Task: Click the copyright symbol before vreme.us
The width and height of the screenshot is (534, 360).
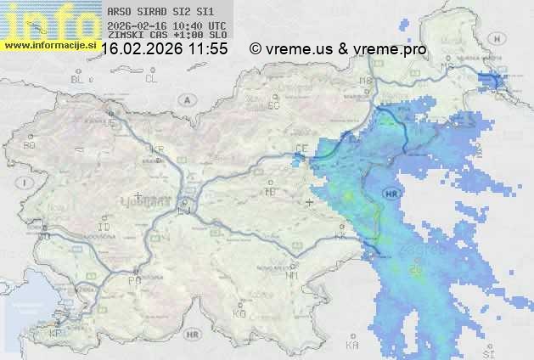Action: (x=256, y=49)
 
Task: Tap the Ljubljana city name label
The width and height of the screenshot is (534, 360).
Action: (x=153, y=203)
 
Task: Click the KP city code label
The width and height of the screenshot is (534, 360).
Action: (x=56, y=333)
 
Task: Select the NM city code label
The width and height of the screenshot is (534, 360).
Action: (x=292, y=275)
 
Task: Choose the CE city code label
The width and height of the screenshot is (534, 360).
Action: (x=300, y=148)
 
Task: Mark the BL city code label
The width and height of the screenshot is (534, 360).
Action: (x=78, y=79)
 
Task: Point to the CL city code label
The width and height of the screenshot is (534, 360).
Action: (x=151, y=79)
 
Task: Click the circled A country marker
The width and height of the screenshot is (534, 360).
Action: (x=185, y=99)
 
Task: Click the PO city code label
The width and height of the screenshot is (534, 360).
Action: (x=133, y=279)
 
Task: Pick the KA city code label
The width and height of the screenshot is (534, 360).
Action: (x=352, y=345)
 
